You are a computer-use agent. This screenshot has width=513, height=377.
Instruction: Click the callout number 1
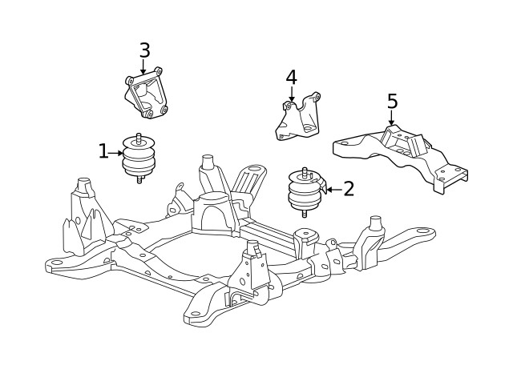(x=103, y=150)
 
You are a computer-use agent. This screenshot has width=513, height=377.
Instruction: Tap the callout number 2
(x=348, y=189)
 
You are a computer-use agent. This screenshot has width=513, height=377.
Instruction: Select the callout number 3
(x=144, y=50)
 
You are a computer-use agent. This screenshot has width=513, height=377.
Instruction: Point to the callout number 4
(x=291, y=78)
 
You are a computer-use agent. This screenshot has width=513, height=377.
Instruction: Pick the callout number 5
(x=392, y=102)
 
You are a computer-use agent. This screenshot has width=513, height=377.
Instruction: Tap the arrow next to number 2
(x=331, y=190)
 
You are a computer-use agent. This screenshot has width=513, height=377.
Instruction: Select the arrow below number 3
(x=143, y=68)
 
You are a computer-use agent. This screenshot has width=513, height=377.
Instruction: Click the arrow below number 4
(x=292, y=95)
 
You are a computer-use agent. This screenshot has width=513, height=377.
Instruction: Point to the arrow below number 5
(x=391, y=118)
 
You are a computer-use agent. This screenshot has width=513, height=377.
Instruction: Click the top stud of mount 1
(x=139, y=136)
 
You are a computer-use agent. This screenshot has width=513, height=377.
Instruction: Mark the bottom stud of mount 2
(x=305, y=214)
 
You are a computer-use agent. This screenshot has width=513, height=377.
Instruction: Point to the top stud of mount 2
(x=305, y=170)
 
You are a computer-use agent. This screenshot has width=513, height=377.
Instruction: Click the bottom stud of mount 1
(x=139, y=180)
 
